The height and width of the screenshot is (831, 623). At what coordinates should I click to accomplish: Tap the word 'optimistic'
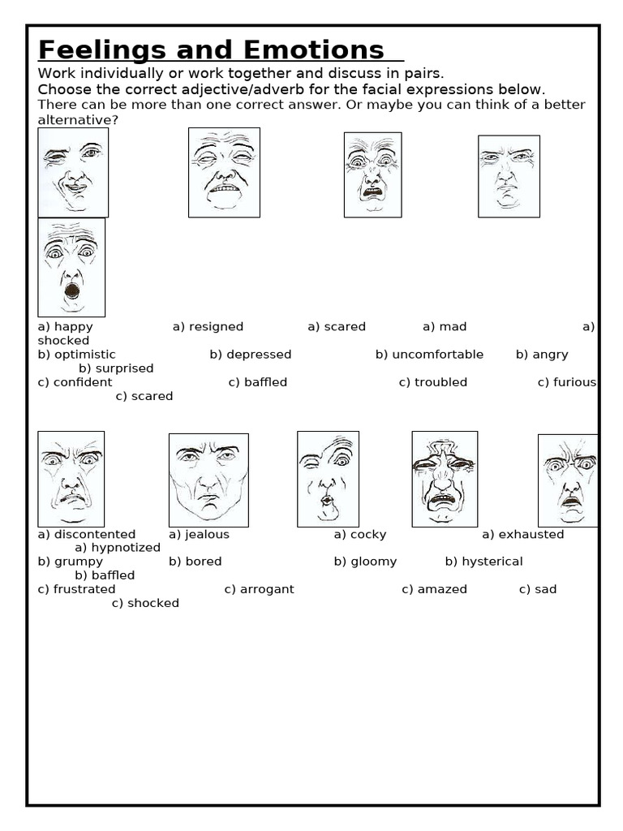[x=85, y=355]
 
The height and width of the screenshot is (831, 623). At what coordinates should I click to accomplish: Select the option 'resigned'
[x=216, y=327]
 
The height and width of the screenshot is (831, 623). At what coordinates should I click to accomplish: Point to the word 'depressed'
[x=259, y=355]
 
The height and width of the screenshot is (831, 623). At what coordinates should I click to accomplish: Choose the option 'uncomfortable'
[x=438, y=355]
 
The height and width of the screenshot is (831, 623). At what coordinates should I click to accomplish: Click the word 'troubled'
[x=440, y=382]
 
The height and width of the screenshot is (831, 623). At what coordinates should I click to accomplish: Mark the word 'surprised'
[x=124, y=368]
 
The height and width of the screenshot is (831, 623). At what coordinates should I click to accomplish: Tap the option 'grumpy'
[x=79, y=562]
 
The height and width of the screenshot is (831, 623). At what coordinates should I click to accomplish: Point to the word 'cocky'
[x=368, y=535]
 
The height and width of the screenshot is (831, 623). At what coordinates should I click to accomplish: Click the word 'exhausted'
[x=531, y=535]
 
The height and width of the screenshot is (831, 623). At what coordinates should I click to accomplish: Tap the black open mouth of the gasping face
[x=72, y=291]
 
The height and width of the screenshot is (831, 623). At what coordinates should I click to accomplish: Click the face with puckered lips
[x=328, y=479]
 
